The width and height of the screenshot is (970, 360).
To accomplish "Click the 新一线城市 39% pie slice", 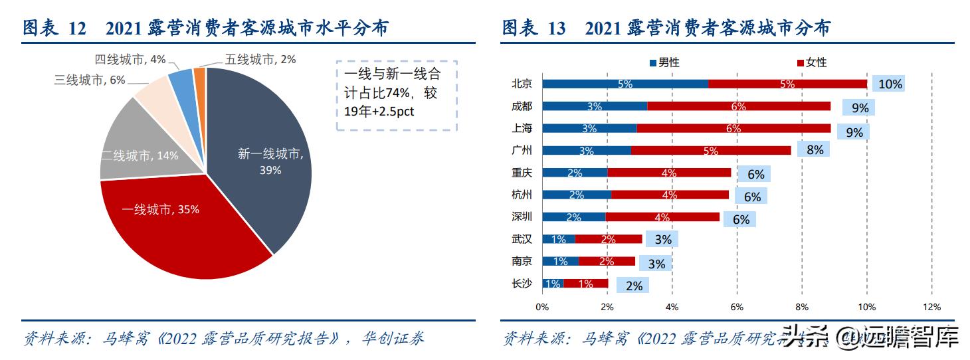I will point(266,159).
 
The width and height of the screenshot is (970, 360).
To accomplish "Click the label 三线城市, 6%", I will point(90,80).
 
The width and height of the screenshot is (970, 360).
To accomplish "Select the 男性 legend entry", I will point(664,62).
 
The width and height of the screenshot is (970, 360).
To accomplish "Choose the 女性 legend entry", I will point(811,62).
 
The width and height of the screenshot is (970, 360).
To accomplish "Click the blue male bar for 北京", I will point(625,84).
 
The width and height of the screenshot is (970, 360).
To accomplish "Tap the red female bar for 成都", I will point(738,106).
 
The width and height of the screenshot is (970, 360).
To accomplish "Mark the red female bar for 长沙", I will point(585,284).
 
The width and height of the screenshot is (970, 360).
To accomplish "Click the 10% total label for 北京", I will point(890,84).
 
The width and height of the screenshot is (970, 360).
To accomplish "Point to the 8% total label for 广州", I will point(815,150).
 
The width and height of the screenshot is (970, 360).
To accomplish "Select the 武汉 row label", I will point(522,239).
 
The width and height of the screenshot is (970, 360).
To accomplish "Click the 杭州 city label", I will point(522,195).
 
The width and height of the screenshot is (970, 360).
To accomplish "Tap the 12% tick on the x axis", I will point(931,307).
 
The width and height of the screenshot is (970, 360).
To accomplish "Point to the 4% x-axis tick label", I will point(672,307).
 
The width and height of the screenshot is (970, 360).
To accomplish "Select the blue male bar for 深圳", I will point(573,217).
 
